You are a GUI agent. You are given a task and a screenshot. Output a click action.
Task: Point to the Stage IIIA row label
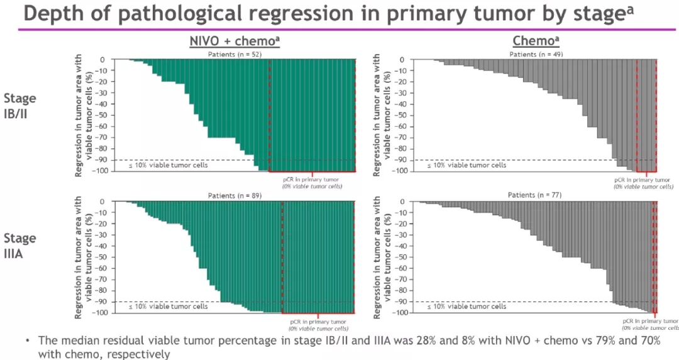pos(20,246)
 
